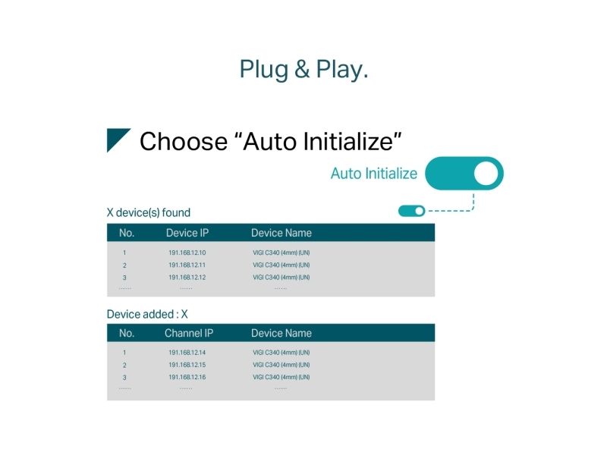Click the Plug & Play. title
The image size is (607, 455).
(304, 70)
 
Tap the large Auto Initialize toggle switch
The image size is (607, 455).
(464, 174)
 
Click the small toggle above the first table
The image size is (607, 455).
(411, 211)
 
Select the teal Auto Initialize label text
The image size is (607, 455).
(374, 174)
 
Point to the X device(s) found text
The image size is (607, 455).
(149, 212)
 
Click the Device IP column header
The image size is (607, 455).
(187, 233)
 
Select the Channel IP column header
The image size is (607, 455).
(189, 333)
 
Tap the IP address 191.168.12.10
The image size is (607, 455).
(187, 253)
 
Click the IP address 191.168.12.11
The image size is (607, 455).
(187, 265)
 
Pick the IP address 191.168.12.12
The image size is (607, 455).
(187, 278)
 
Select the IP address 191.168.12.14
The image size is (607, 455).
(187, 353)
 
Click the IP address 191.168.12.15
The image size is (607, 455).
(187, 365)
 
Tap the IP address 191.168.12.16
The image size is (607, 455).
(187, 377)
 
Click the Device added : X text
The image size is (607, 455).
(147, 314)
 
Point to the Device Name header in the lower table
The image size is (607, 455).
(281, 333)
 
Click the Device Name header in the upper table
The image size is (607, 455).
(281, 233)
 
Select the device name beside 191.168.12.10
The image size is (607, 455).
(281, 253)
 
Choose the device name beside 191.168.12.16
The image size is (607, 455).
(281, 377)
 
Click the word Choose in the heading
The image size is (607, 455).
(184, 141)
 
